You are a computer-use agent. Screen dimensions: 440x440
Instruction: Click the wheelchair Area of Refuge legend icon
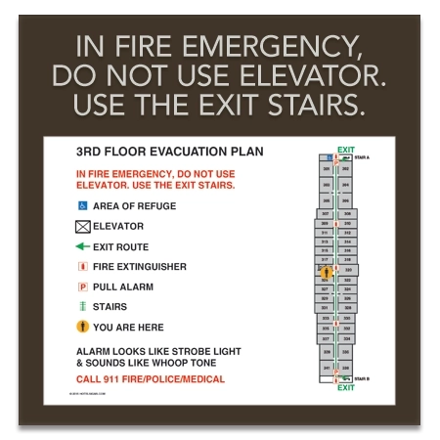(x=82, y=206)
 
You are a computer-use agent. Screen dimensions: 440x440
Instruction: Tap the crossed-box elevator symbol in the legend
(x=82, y=227)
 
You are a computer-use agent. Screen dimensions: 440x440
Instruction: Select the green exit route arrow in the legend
(x=82, y=246)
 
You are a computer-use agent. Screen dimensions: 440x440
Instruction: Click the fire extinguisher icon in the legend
(x=82, y=267)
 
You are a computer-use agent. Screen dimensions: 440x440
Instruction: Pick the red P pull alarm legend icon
(x=82, y=287)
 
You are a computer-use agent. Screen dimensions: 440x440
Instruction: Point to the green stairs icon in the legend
(x=82, y=307)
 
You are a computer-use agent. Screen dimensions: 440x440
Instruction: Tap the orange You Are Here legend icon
(x=82, y=328)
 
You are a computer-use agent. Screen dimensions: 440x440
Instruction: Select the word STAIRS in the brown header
(x=308, y=101)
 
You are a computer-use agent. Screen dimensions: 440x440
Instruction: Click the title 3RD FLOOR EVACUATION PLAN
(x=169, y=153)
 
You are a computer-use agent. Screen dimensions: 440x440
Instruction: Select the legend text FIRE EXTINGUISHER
(x=140, y=267)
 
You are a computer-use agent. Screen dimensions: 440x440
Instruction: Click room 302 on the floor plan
(x=346, y=169)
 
